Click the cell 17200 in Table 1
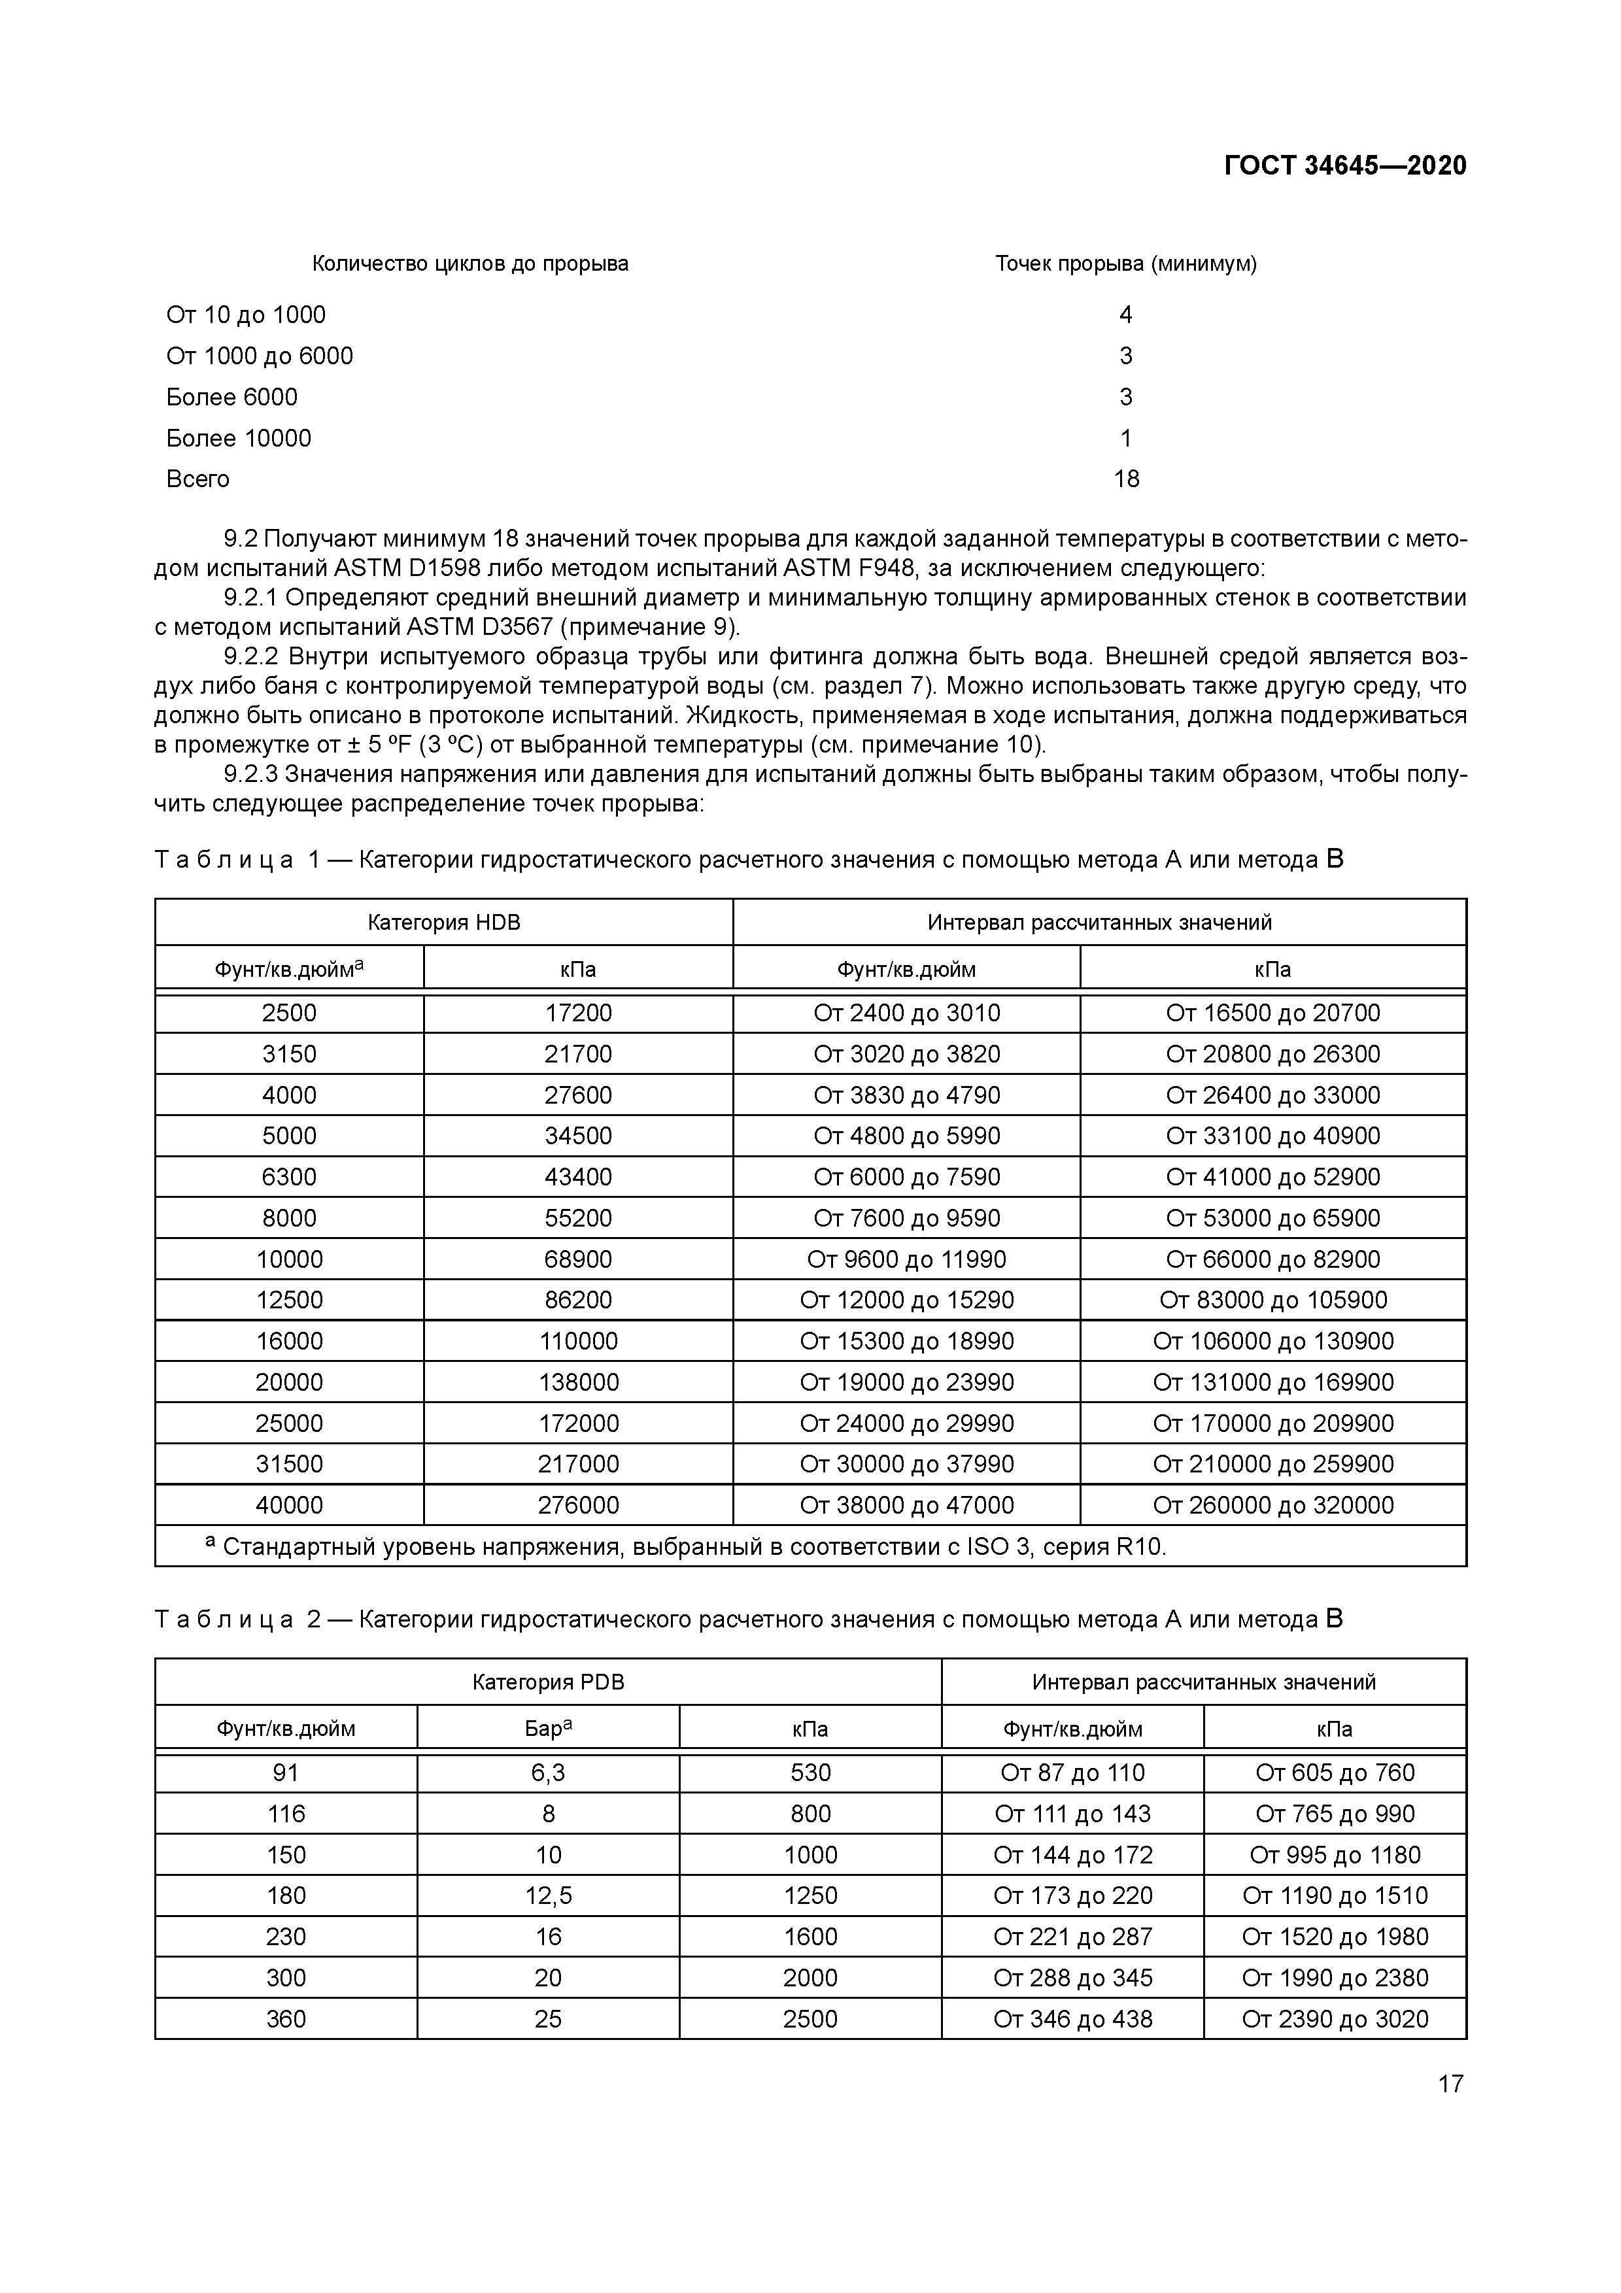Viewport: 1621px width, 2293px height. click(578, 1013)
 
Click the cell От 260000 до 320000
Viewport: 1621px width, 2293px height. click(1272, 1506)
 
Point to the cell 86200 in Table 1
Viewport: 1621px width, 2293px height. click(578, 1300)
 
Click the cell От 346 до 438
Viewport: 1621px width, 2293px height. click(1072, 2019)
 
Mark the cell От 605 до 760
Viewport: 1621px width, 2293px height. click(1335, 1773)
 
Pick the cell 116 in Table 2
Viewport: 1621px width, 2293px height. click(286, 1814)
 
